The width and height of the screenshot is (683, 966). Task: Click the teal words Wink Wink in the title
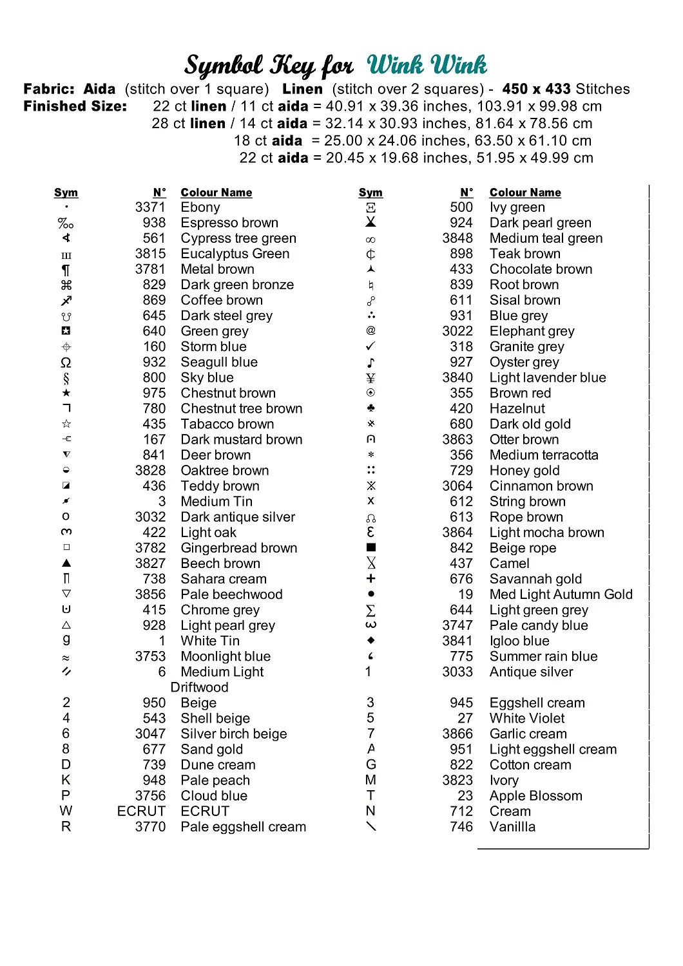[x=427, y=65]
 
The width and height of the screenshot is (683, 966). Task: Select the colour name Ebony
[x=200, y=207]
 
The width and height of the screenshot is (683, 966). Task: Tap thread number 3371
[x=150, y=207]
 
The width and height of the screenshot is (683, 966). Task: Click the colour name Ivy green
[x=517, y=207]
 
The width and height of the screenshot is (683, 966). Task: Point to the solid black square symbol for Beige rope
[x=370, y=547]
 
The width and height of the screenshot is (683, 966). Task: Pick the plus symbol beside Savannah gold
[x=370, y=578]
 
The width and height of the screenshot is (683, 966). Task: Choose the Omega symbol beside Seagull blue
[x=66, y=363]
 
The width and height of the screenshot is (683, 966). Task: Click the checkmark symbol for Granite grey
[x=370, y=346]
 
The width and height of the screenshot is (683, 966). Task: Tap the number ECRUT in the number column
[x=141, y=811]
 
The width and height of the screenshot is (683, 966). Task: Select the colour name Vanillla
[x=512, y=827]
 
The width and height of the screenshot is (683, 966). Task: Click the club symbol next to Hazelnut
[x=370, y=408]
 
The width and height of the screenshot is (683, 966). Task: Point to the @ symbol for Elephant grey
[x=370, y=330]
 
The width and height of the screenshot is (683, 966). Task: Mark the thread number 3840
[x=457, y=377]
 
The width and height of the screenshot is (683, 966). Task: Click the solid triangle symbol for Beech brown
[x=66, y=563]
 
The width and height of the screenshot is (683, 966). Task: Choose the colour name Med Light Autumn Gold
[x=561, y=594]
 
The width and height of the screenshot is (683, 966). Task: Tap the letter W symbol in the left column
[x=66, y=811]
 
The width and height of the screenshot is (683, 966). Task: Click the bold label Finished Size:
[x=75, y=106]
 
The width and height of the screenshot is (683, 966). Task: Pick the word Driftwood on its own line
[x=199, y=687]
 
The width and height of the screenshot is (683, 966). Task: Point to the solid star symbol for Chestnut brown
[x=66, y=393]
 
